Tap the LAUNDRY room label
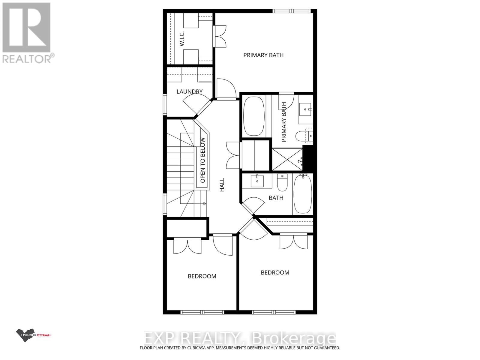[189, 91]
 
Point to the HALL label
[222, 185]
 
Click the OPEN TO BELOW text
[203, 160]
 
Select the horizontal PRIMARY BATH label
[263, 55]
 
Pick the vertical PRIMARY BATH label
[284, 122]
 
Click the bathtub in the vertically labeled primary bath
[254, 116]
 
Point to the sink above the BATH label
[257, 181]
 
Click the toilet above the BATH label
[282, 183]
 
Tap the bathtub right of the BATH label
[303, 194]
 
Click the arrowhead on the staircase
[205, 204]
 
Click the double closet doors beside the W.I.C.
[220, 36]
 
